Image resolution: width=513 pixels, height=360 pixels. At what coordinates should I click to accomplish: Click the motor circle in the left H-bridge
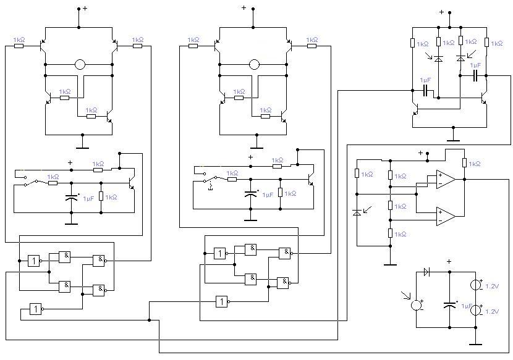[x=80, y=64]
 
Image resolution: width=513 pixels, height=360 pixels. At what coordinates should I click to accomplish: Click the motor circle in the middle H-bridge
[x=254, y=64]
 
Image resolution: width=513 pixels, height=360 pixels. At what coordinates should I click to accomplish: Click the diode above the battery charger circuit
[x=427, y=272]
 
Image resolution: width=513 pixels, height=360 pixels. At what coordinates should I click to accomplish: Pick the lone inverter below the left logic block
[x=36, y=309]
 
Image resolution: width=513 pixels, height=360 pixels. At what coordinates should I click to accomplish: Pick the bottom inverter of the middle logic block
[x=222, y=301]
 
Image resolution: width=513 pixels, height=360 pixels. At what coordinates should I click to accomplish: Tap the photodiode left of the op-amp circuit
[x=357, y=212]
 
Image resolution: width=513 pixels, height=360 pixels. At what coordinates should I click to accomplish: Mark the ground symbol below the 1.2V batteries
[x=475, y=342]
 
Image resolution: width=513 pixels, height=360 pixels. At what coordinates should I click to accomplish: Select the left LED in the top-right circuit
[x=438, y=59]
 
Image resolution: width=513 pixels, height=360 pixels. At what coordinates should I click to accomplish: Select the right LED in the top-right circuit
[x=460, y=59]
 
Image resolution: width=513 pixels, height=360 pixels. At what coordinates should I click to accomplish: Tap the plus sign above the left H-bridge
[x=85, y=9]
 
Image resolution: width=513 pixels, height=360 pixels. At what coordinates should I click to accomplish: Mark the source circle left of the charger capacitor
[x=417, y=304]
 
